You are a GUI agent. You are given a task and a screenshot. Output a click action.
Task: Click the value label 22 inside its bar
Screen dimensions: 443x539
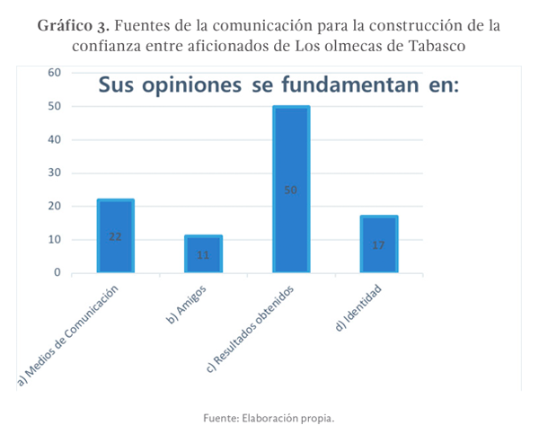pos(115,236)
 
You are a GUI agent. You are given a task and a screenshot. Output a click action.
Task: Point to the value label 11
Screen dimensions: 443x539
pos(203,255)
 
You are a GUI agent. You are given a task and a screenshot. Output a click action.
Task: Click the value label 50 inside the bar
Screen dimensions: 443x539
pos(290,190)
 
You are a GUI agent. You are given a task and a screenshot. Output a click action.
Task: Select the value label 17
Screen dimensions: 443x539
pos(378,244)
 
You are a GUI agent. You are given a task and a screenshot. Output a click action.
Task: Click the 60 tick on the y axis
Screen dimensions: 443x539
pos(55,73)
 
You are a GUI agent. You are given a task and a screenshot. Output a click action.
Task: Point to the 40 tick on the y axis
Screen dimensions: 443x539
pos(55,139)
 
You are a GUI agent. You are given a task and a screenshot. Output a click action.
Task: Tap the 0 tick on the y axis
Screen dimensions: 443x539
pos(57,273)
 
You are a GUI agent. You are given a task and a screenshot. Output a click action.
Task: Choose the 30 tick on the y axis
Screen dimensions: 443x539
pos(55,173)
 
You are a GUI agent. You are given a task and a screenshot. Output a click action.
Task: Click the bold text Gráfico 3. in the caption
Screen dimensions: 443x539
pos(75,25)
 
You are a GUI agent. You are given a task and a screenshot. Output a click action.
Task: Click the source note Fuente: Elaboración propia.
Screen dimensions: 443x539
pos(269,418)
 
